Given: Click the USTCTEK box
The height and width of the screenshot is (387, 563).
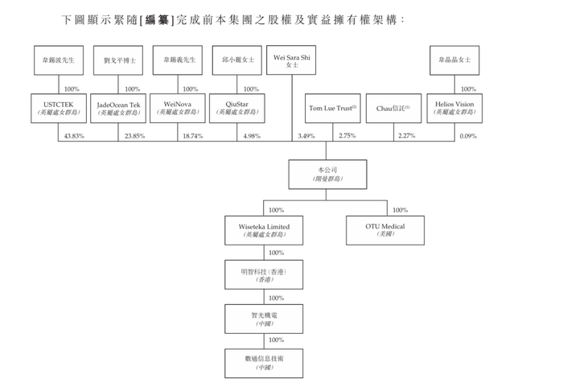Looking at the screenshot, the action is (59, 109).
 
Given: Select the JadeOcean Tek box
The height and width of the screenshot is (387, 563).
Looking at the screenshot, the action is (118, 109).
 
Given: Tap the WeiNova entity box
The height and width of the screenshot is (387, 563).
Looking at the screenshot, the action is (178, 109).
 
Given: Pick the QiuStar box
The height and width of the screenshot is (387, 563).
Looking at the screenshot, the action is (237, 109).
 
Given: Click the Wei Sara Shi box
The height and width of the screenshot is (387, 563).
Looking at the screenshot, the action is (291, 60).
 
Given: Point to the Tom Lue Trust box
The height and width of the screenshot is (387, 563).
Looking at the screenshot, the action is (332, 109).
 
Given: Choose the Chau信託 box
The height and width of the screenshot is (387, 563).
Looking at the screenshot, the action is (393, 109).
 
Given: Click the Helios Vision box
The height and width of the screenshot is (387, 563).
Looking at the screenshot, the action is (454, 109).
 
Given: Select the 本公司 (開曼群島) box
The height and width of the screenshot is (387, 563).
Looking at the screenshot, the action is (327, 175).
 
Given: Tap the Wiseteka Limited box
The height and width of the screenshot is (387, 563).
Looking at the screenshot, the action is (264, 230).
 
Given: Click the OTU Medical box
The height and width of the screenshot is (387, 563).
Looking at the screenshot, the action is (385, 230).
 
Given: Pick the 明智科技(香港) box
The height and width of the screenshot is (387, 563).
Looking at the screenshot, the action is (264, 274).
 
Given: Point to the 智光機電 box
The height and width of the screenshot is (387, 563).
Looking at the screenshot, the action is (264, 319).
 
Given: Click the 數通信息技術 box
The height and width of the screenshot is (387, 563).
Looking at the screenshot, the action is (264, 364).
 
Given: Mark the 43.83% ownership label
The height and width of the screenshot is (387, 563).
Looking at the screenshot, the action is (74, 136).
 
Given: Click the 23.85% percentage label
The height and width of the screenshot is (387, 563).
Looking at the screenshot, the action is (134, 136).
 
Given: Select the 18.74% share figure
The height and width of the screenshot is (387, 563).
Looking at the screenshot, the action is (193, 136).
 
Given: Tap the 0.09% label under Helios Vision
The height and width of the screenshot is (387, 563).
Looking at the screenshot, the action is (468, 136).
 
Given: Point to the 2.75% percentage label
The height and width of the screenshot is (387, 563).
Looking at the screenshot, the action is (347, 135).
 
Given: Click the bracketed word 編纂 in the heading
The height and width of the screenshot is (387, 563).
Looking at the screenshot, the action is (157, 20).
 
